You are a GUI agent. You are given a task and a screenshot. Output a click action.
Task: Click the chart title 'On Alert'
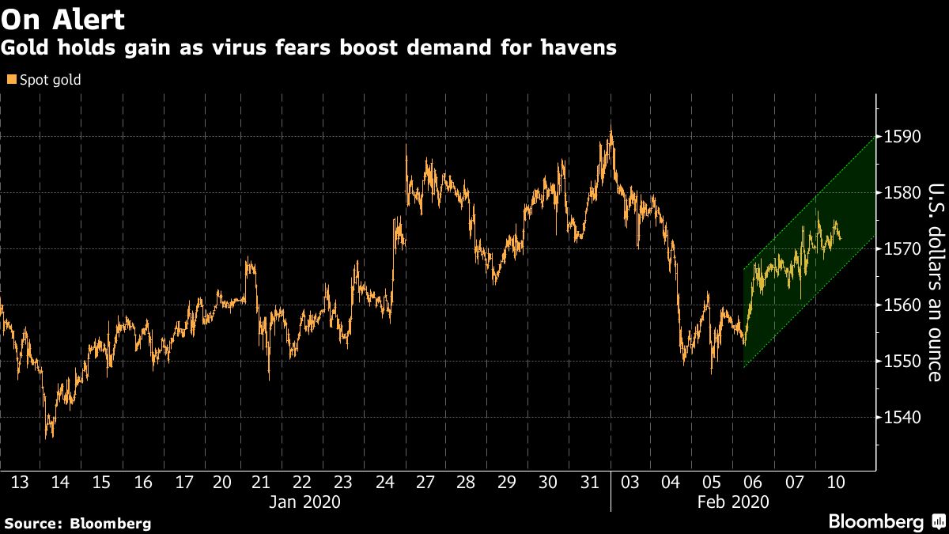pyautogui.click(x=62, y=18)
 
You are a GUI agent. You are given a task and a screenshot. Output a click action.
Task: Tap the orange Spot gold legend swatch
pyautogui.click(x=10, y=80)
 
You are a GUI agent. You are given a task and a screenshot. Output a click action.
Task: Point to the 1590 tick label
pyautogui.click(x=900, y=137)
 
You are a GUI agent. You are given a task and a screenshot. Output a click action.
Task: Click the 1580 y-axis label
pyautogui.click(x=900, y=193)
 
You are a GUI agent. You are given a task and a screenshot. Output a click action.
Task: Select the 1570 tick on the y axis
pyautogui.click(x=900, y=249)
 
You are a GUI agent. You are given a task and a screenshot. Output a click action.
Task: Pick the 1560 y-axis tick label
pyautogui.click(x=900, y=305)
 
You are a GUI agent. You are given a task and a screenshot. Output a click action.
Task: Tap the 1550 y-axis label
pyautogui.click(x=900, y=362)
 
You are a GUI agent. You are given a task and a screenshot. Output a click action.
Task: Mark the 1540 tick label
pyautogui.click(x=900, y=418)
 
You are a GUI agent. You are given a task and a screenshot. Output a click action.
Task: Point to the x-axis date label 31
pyautogui.click(x=589, y=483)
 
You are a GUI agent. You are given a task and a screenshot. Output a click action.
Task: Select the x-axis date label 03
pyautogui.click(x=630, y=483)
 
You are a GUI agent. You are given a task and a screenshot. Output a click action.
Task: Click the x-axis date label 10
pyautogui.click(x=836, y=483)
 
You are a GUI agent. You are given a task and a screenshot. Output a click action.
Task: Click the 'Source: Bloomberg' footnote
pyautogui.click(x=78, y=523)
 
